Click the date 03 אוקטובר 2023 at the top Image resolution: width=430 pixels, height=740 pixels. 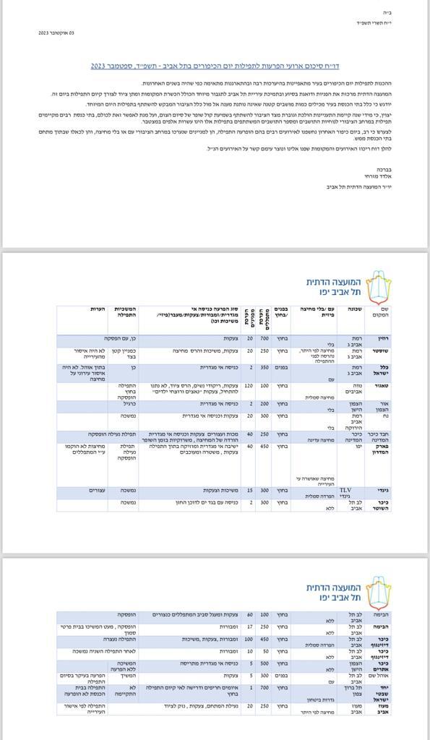coord(56,33)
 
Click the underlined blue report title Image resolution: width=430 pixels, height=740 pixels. coord(215,66)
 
